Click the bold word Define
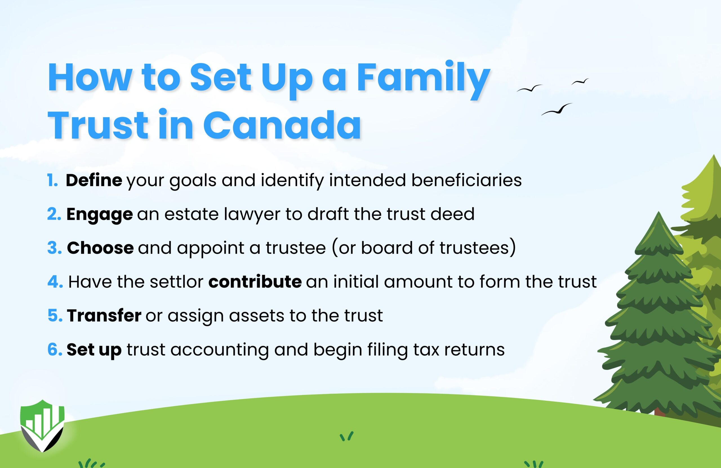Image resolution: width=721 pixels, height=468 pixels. [94, 180]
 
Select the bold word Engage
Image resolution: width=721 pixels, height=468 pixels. [99, 215]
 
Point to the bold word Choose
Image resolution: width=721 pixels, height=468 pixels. [100, 248]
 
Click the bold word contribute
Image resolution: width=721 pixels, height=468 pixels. [255, 282]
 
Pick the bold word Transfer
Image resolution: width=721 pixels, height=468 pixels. [104, 316]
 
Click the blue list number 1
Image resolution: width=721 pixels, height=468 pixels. [52, 180]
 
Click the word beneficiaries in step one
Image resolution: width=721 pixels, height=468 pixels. [466, 180]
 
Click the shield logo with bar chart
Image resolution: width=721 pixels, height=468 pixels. [43, 425]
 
